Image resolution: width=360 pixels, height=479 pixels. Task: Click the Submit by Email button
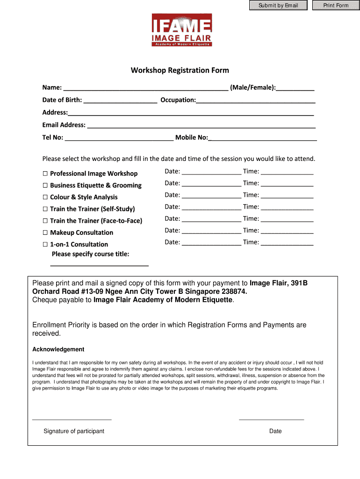[278, 6]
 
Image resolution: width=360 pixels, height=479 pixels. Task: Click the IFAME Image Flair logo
[182, 30]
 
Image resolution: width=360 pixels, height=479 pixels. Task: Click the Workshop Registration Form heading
[180, 71]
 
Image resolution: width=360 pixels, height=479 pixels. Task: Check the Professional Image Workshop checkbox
[45, 174]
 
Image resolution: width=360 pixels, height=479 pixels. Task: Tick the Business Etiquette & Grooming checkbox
[45, 185]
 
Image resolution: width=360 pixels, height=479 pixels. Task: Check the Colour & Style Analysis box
[45, 197]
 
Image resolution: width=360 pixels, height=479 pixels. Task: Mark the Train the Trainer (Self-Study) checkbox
[45, 209]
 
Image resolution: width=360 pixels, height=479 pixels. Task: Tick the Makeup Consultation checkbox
[45, 232]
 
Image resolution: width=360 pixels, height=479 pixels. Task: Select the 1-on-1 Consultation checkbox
[45, 244]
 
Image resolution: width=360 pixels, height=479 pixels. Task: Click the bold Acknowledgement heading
[58, 349]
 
